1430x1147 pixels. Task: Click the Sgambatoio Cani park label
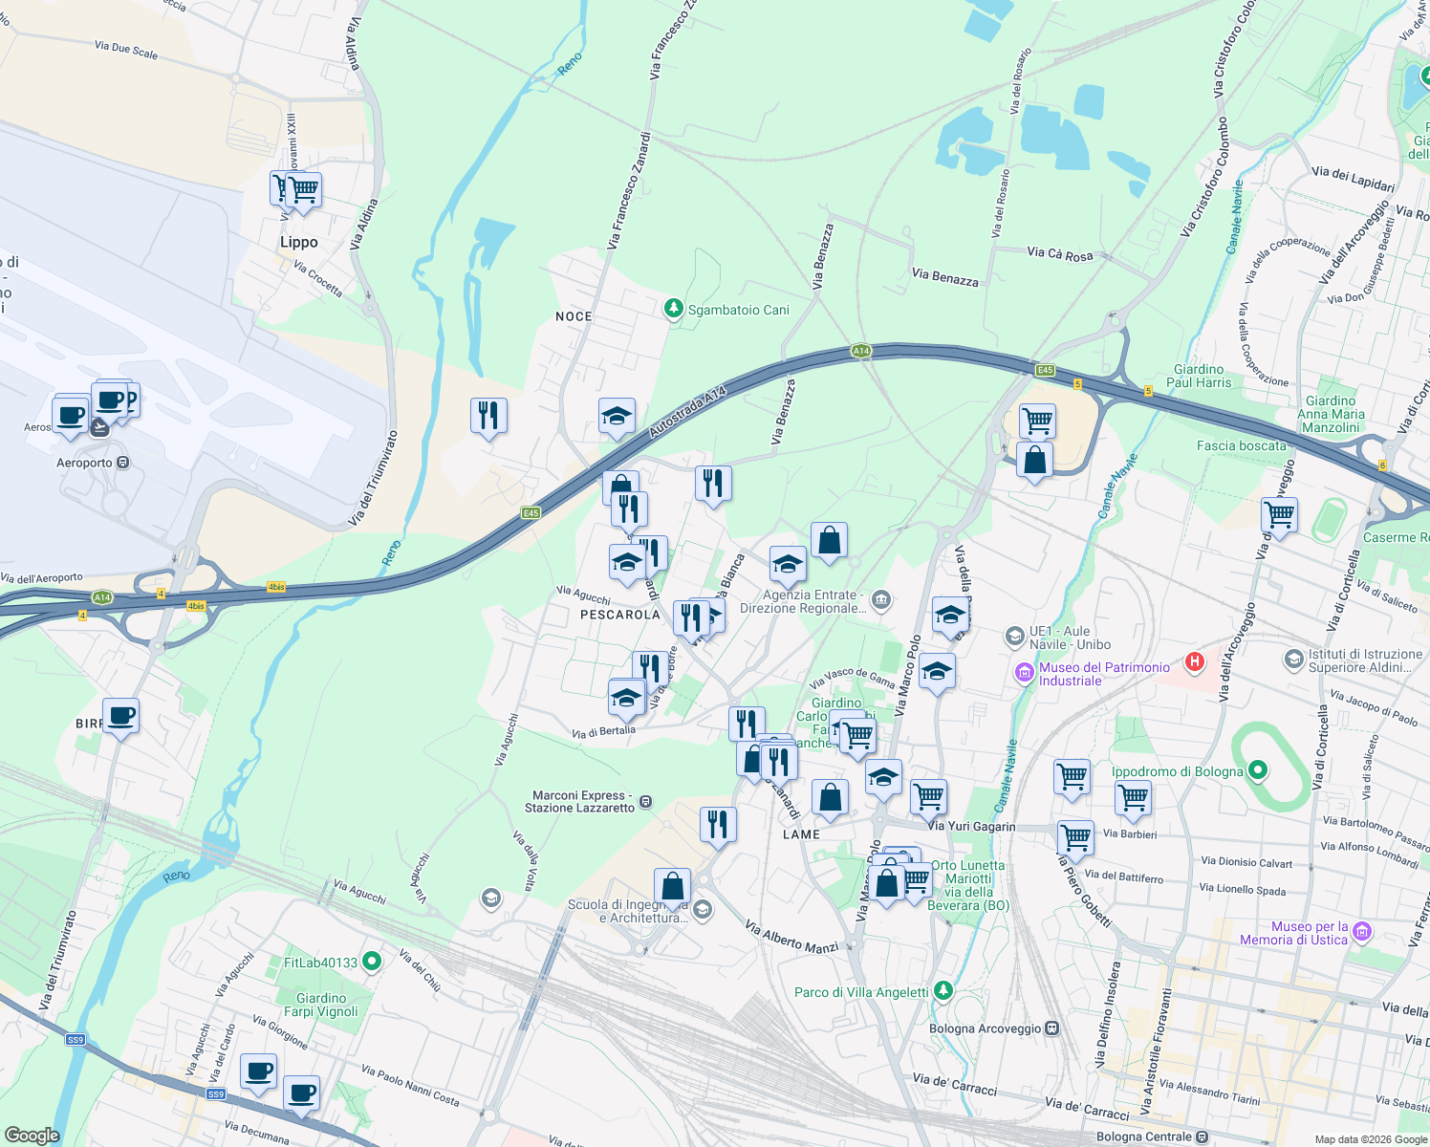[738, 310]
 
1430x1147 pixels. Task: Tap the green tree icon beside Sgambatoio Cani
[674, 309]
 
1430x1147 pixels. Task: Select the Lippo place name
[299, 243]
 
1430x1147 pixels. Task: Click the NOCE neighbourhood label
[574, 316]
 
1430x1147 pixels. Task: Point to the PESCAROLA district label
[620, 615]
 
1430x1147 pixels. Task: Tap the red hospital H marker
[1194, 660]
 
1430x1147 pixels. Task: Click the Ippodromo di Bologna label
[1178, 771]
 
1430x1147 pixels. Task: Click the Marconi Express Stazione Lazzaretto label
[579, 801]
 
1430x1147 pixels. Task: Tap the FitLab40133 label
[320, 963]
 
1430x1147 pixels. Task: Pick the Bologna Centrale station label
[1144, 1136]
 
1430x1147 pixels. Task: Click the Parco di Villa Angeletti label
[861, 992]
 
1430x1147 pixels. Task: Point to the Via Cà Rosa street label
[1059, 253]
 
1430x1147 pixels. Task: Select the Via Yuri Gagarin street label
[971, 826]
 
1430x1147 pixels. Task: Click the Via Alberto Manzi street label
[791, 938]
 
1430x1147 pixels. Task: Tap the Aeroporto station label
[84, 463]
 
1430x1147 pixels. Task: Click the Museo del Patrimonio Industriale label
[1104, 674]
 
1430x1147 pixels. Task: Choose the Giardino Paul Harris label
[1199, 376]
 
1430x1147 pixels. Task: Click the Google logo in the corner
[32, 1136]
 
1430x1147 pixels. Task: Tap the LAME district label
[801, 834]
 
